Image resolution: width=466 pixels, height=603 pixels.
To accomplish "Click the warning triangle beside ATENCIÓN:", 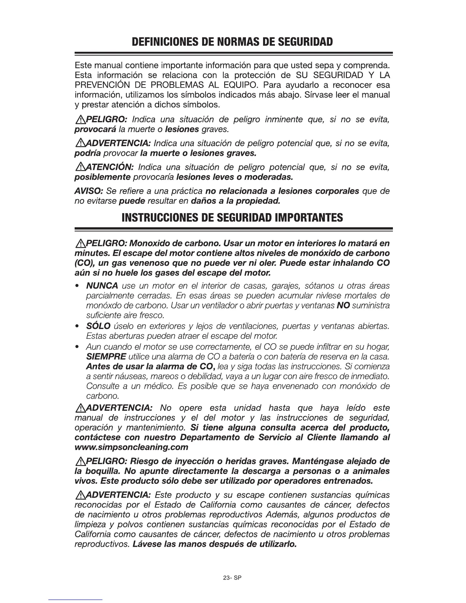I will point(80,167).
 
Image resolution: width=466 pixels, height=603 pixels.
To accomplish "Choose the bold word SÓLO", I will point(98,326).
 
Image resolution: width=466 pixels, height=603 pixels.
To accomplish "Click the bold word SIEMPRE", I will point(106,357).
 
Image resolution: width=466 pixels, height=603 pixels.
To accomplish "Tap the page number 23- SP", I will point(233,577).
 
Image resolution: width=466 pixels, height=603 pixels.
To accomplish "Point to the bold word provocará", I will point(95,129).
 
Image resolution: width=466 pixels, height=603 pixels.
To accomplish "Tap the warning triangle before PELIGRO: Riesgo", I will point(80,461).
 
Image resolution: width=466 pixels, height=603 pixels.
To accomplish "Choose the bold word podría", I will point(87,153).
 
